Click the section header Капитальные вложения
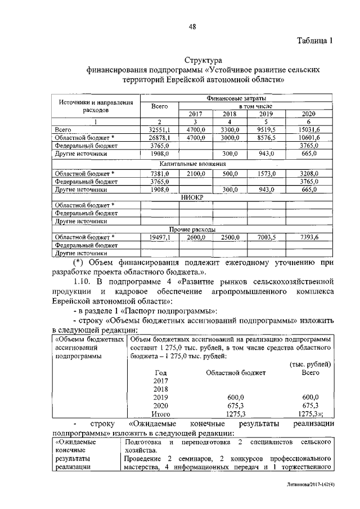(x=192, y=164)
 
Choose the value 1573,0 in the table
(x=265, y=174)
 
